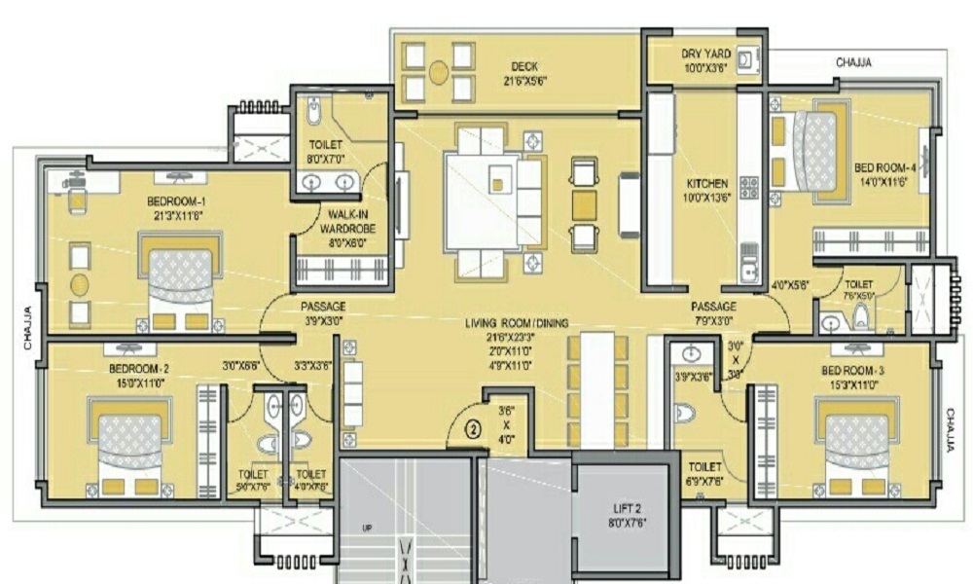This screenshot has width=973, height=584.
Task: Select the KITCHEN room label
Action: click(x=707, y=183)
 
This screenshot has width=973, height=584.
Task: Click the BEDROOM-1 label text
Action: click(x=176, y=201)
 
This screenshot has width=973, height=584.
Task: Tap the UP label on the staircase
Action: click(x=368, y=529)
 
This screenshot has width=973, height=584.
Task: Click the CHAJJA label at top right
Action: click(x=854, y=62)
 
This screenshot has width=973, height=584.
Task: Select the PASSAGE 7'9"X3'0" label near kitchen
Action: click(x=714, y=311)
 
